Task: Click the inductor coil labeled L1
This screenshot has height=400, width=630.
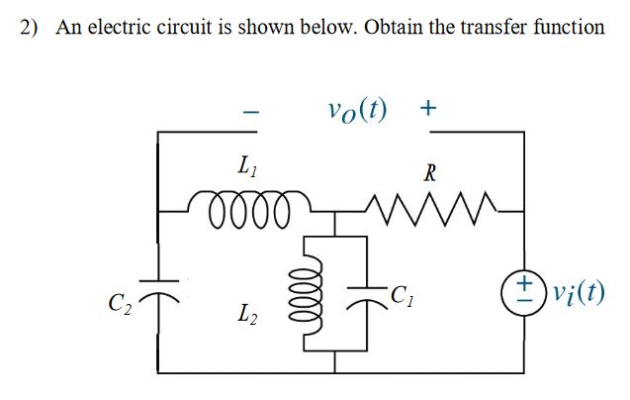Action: (245, 208)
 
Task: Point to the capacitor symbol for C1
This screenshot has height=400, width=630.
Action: (363, 294)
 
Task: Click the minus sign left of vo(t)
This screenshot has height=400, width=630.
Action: (252, 115)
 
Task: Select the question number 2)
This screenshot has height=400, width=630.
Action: (30, 27)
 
